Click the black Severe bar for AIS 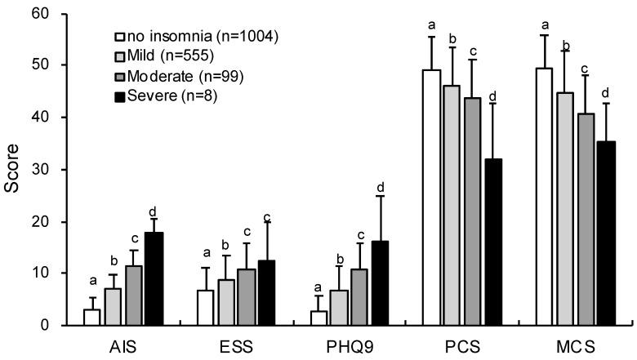coord(154,279)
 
